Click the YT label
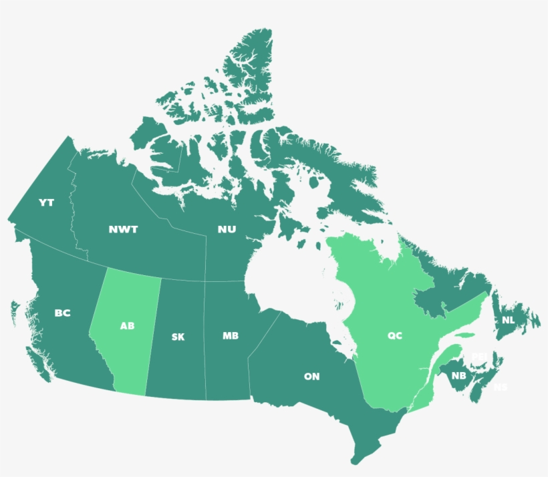click(46, 202)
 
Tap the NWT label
click(124, 230)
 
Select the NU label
click(227, 230)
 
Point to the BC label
click(62, 313)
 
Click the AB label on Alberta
click(127, 327)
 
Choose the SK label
click(178, 337)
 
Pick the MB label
click(231, 335)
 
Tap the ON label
click(311, 377)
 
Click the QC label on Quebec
click(395, 335)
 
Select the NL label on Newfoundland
click(509, 320)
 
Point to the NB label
click(458, 376)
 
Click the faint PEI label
click(479, 357)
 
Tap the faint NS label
click(500, 387)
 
